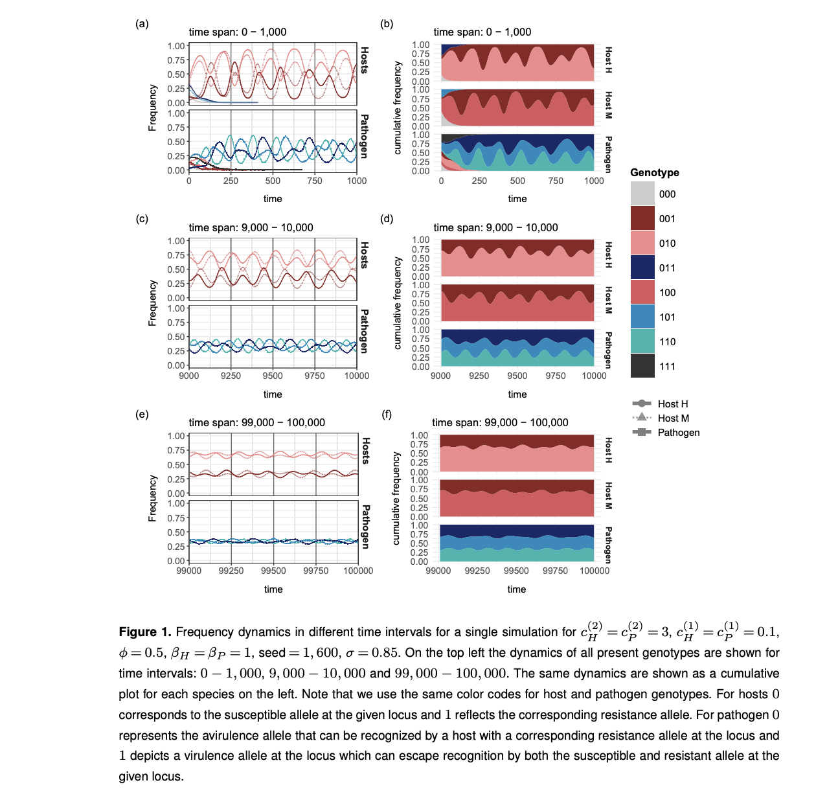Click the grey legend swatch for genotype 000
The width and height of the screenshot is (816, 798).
tap(642, 194)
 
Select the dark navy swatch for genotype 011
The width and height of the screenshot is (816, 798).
tap(642, 268)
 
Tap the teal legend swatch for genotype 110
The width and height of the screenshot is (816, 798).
tap(642, 341)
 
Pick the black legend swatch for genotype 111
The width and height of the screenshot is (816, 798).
tap(642, 366)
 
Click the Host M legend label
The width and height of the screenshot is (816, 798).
tap(673, 418)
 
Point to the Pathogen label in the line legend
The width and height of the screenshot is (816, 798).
tap(678, 433)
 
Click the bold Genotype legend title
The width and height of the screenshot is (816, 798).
tap(655, 172)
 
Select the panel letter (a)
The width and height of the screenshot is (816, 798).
tap(142, 24)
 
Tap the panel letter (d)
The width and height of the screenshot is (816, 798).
tap(387, 219)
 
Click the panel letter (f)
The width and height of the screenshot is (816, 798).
tap(387, 415)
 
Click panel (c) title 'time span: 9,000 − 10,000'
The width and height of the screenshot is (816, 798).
tap(251, 227)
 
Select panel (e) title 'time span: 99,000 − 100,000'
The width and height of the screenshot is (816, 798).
tap(256, 422)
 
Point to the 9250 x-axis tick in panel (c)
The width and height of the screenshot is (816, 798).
tap(231, 376)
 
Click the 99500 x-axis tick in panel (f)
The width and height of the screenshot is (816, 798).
tap(516, 571)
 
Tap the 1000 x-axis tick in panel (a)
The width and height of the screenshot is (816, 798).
tap(356, 181)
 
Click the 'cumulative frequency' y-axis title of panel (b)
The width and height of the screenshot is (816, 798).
tap(398, 108)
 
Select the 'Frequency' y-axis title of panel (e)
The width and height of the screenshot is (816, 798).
tap(153, 498)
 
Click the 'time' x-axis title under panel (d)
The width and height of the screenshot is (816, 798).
tap(517, 394)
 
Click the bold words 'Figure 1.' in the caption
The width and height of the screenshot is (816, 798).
tap(144, 632)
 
